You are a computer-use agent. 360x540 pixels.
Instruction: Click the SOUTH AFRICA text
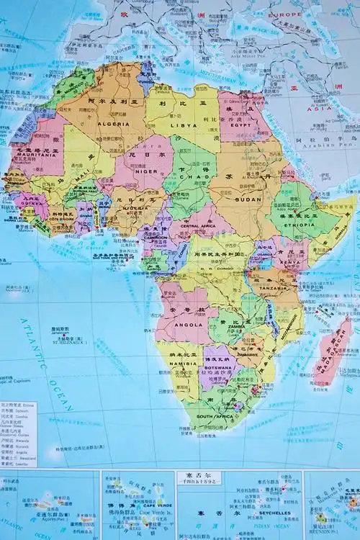tap(213, 416)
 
